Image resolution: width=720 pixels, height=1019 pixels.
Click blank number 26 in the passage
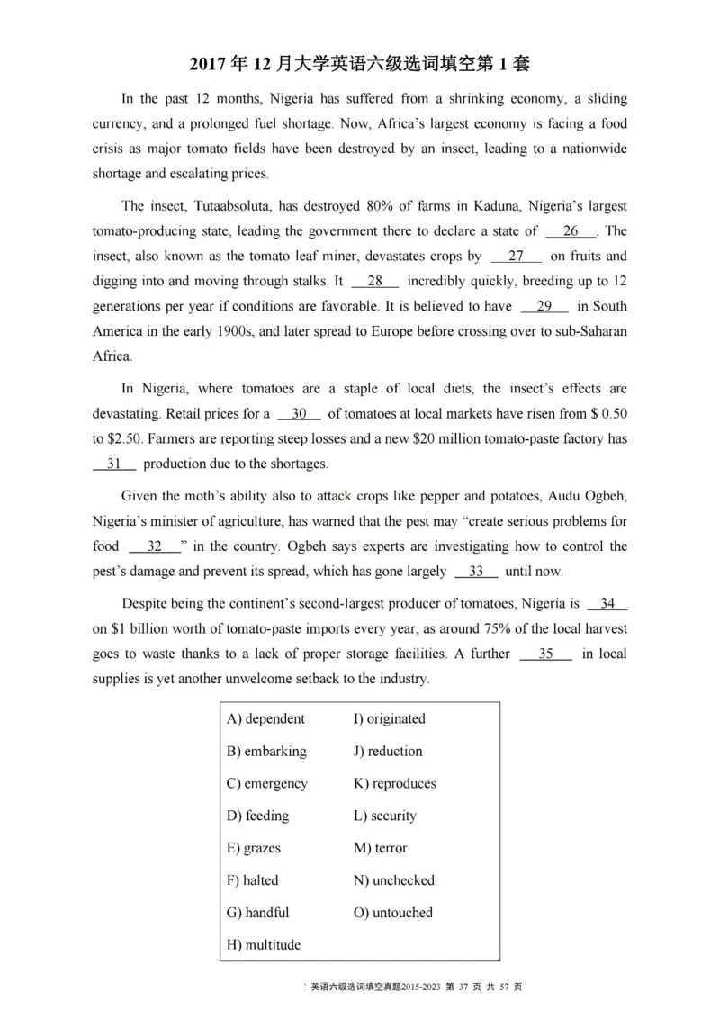(571, 231)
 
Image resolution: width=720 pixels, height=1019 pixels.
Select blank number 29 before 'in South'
(544, 306)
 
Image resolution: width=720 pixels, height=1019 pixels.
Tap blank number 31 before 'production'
(114, 464)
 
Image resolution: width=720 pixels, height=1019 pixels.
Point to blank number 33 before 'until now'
(477, 572)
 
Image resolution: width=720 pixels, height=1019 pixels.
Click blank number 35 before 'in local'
(545, 654)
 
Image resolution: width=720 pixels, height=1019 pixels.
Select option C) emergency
(267, 784)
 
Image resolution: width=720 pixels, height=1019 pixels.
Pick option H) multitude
(264, 945)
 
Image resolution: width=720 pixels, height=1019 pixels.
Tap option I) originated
(389, 719)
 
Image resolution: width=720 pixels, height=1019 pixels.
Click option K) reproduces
(394, 784)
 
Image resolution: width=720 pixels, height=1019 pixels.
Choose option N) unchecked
(393, 880)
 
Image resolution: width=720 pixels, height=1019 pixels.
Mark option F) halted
(253, 880)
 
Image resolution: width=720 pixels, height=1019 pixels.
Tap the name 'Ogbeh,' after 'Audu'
(604, 497)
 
